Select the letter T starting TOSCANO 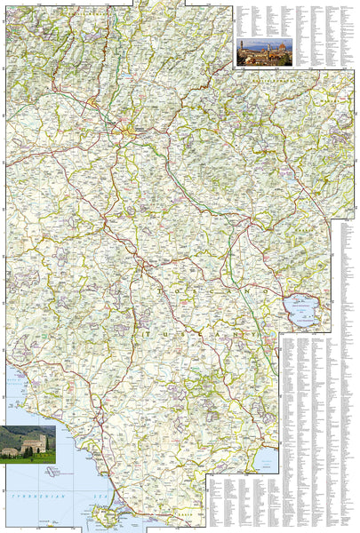pyautogui.click(x=158, y=288)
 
